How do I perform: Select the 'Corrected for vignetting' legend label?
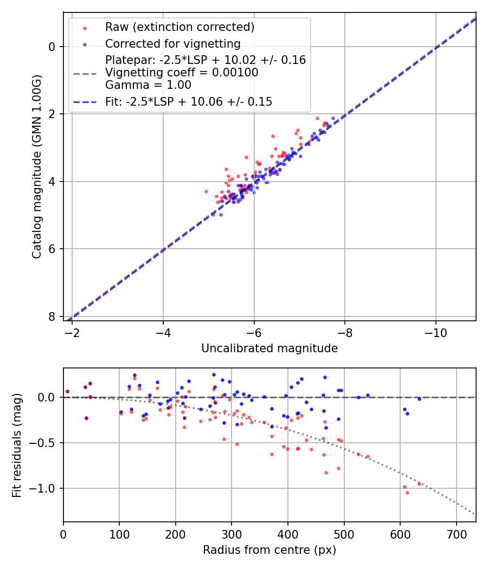172,43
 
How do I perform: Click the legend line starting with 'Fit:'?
189,101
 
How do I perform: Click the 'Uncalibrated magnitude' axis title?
269,348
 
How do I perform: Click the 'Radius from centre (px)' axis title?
269,550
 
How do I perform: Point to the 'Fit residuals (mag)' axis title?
17,445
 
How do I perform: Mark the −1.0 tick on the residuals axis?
46,488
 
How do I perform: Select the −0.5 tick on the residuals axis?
46,443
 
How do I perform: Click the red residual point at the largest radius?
419,484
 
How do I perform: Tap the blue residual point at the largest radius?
419,399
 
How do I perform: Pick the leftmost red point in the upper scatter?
206,191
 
